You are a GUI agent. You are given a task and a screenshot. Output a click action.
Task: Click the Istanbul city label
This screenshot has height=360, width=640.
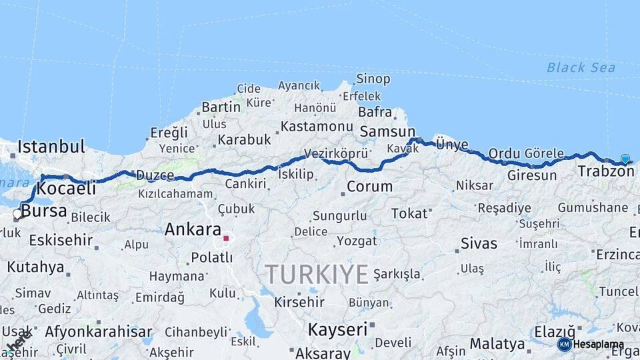click(51, 146)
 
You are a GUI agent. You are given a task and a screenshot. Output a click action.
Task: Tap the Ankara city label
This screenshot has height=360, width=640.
click(193, 230)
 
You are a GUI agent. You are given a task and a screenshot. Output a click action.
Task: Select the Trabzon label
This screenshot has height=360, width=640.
click(606, 171)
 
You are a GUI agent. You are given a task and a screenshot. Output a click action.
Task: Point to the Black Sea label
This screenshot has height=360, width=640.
click(581, 67)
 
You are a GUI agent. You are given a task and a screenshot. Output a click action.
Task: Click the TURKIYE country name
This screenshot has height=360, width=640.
click(317, 274)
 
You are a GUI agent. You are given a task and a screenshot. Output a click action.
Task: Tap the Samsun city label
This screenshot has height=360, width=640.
click(387, 132)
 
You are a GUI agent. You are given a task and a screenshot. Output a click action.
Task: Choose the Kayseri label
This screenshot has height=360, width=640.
click(337, 329)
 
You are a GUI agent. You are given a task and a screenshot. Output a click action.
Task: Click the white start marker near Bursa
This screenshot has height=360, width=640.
click(17, 214)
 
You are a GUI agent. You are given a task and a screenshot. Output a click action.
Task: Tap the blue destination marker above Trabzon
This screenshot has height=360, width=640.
click(625, 159)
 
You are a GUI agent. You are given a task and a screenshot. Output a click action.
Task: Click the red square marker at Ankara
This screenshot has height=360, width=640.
click(226, 238)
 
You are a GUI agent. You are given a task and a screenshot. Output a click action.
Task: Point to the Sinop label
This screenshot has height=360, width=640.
click(373, 79)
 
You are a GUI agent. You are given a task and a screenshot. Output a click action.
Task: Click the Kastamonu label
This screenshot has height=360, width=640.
click(317, 126)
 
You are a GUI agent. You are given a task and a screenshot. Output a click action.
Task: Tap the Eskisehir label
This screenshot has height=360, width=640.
click(61, 240)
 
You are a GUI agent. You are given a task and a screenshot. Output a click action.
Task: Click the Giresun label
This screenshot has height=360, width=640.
click(531, 176)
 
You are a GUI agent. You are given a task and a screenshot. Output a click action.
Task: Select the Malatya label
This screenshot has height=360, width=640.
click(497, 344)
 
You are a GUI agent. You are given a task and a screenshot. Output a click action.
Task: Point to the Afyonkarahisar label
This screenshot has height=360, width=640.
click(99, 331)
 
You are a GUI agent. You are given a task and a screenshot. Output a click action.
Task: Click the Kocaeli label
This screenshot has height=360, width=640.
click(67, 189)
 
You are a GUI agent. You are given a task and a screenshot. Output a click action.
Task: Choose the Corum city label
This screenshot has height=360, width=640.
click(370, 187)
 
